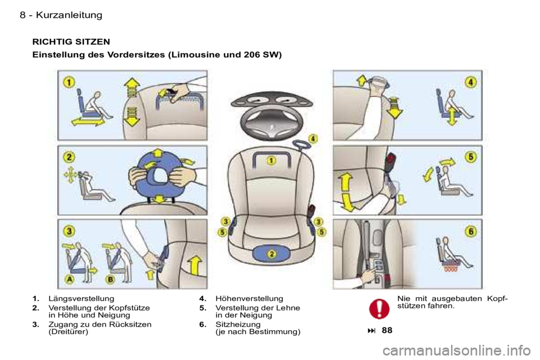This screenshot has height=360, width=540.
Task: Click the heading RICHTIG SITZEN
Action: coord(71,42)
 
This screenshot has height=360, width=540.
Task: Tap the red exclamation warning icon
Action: coord(379,308)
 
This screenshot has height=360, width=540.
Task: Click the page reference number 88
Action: coord(387,330)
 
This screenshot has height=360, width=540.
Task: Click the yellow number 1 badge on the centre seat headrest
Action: coord(271,160)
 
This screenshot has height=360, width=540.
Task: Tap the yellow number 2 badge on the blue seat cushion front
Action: coord(272,254)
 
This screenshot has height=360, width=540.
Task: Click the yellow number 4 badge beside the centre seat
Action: coord(313,138)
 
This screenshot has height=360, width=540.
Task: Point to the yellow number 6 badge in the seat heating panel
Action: coord(471,231)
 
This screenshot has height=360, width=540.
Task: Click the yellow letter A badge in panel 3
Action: coord(70,279)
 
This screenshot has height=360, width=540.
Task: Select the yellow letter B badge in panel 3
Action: coord(110,279)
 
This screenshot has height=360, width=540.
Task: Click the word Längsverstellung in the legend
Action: coord(81,299)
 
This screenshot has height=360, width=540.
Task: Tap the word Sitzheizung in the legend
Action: coord(238,325)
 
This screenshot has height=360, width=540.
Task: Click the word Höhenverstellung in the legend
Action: coord(249,299)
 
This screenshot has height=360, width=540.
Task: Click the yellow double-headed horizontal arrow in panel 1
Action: coord(88,122)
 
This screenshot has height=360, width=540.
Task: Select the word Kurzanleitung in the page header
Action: coord(69,15)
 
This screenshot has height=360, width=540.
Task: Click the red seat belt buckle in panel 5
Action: coord(391,161)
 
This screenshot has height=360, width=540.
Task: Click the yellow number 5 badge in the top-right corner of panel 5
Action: coord(471,157)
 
